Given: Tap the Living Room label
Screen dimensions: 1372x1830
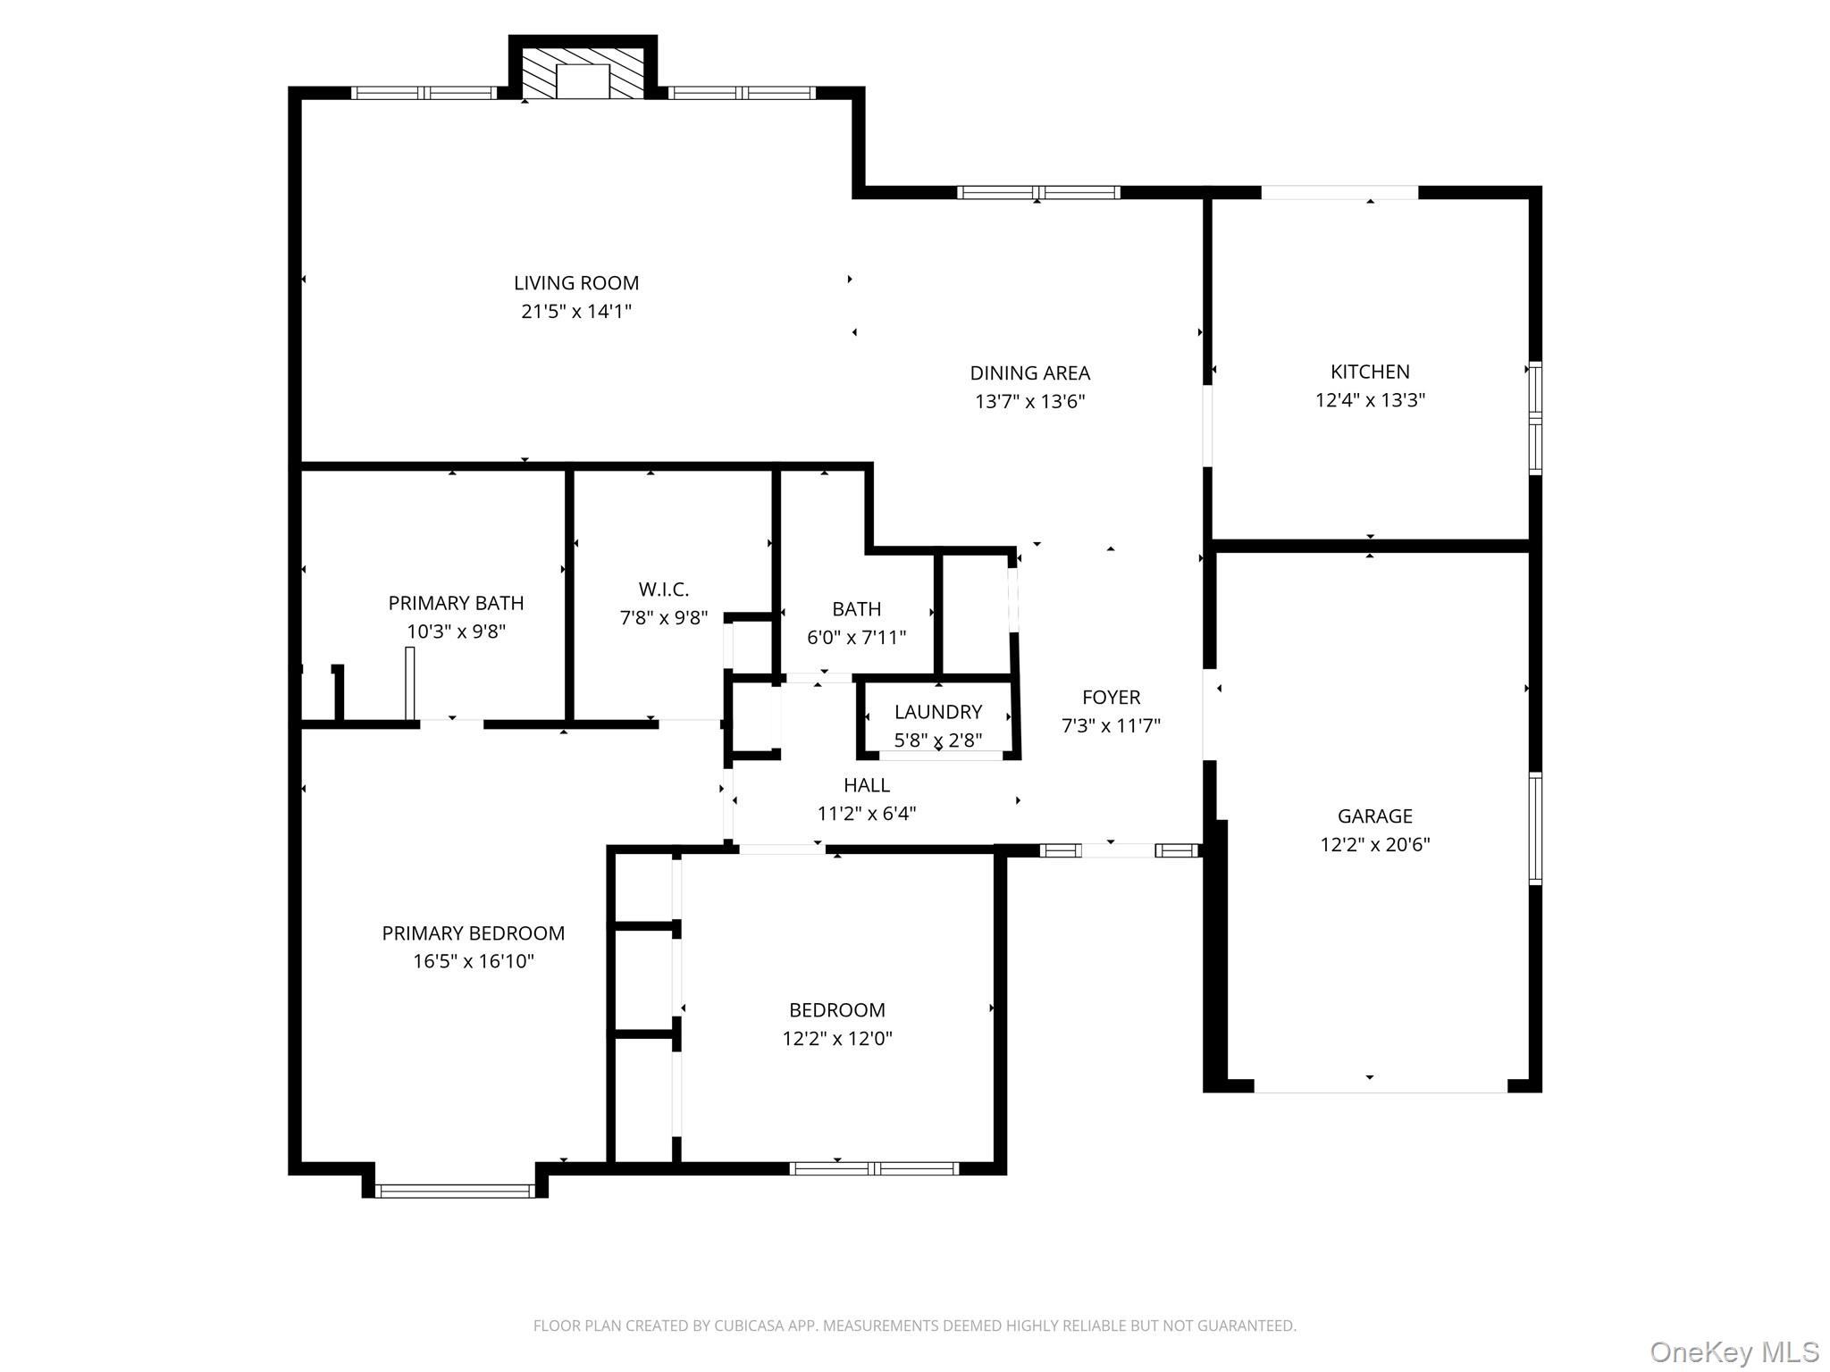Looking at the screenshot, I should click(x=576, y=283).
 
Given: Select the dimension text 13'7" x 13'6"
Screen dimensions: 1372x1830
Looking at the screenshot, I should click(x=1029, y=401).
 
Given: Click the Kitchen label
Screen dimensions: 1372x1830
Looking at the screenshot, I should click(x=1370, y=372).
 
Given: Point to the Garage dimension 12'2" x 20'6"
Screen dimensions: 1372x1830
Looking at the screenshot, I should click(x=1374, y=844).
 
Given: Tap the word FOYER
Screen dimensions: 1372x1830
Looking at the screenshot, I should click(x=1111, y=697).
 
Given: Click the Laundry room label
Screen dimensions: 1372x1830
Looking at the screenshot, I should click(x=937, y=712).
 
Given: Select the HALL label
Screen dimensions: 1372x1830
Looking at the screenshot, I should click(x=866, y=785).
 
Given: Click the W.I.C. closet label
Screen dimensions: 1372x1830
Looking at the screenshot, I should click(x=663, y=590).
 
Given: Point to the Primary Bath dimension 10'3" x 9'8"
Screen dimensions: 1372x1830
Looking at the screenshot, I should click(x=456, y=632).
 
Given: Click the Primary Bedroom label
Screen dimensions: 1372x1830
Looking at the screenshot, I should click(x=473, y=933).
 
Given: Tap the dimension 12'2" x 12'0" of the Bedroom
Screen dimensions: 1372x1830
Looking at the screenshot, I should click(x=837, y=1038).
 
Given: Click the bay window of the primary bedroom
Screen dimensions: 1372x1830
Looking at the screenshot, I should click(x=455, y=1190).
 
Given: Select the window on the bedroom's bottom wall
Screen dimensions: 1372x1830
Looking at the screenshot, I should click(x=874, y=1167).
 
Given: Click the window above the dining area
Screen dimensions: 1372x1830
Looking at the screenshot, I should click(x=1037, y=192).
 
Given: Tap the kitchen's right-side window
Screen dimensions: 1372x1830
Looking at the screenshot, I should click(x=1534, y=417).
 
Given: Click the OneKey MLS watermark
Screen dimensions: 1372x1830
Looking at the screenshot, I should click(x=1733, y=1351).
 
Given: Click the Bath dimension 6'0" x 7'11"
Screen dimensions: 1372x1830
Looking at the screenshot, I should click(x=856, y=637).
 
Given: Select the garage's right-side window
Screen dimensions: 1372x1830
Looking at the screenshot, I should click(x=1534, y=828).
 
